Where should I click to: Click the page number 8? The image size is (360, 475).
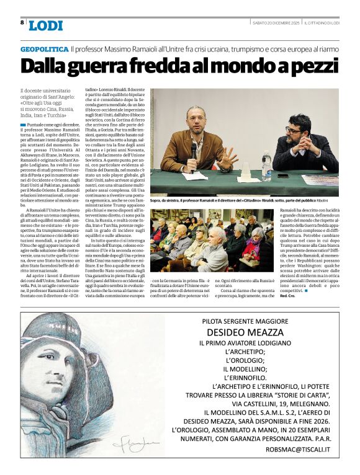point(22,23)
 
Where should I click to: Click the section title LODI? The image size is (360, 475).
point(45,25)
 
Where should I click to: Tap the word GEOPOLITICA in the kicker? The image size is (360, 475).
point(43,49)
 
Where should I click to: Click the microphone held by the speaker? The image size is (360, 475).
point(194,150)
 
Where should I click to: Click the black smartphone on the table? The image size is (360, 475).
point(284,175)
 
